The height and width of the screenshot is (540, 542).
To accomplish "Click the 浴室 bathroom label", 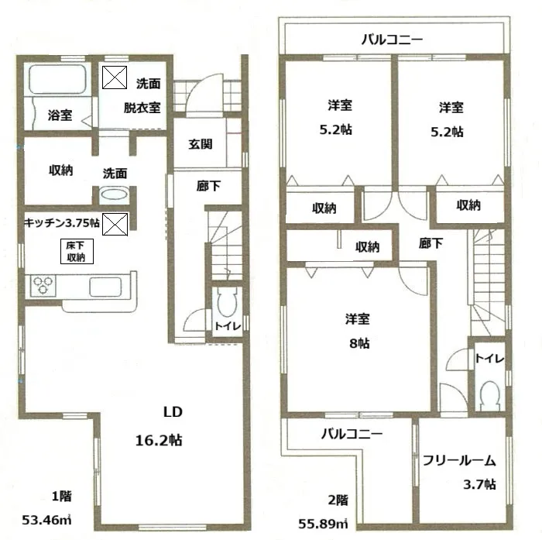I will (60, 116).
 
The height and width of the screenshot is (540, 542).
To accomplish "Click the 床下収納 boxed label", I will (75, 251).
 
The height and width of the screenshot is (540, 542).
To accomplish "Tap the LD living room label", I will (172, 411).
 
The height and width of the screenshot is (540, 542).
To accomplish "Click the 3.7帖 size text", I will (480, 486).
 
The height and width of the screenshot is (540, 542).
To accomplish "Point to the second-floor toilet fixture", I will (489, 395).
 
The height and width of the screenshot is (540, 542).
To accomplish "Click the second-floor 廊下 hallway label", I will (431, 243).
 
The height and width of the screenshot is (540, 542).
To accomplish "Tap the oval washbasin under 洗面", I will (115, 196).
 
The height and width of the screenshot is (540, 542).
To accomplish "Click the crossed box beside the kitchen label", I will (115, 225).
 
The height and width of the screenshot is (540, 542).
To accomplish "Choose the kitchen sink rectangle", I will (107, 286).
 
